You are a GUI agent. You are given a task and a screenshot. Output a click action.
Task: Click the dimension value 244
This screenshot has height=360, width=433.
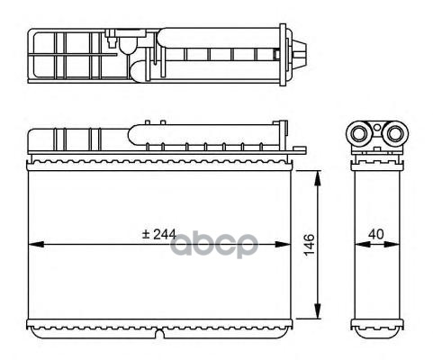click(x=165, y=234)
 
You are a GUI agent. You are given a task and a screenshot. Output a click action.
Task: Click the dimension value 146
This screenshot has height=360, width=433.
click(x=310, y=245)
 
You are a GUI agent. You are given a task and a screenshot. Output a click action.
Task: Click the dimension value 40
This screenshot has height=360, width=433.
click(x=376, y=234)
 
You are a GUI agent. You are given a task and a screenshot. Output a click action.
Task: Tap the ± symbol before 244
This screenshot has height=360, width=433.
click(x=146, y=234)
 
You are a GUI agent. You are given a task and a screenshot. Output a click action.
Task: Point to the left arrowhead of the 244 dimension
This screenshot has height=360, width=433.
click(x=36, y=244)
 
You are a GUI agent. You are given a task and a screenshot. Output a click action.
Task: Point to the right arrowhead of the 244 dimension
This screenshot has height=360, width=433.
click(x=283, y=244)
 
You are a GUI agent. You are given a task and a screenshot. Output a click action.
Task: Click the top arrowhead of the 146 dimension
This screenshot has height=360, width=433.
click(x=318, y=178)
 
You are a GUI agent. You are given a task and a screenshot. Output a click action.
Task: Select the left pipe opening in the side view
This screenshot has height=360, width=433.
click(x=359, y=134)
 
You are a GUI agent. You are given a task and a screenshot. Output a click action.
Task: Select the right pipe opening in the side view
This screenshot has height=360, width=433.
click(x=394, y=134)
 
